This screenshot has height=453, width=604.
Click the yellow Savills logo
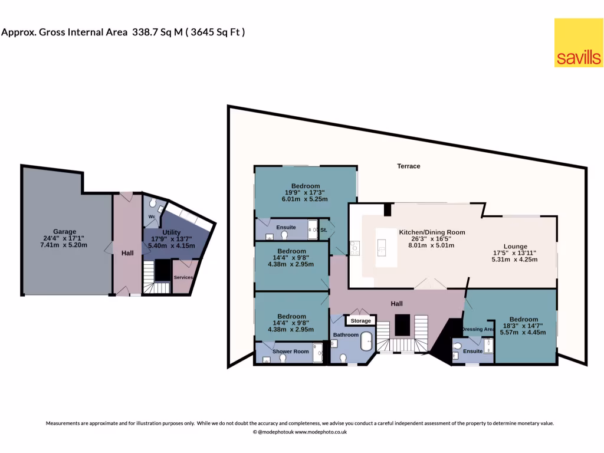pyautogui.click(x=578, y=42)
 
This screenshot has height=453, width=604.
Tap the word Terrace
pyautogui.click(x=408, y=166)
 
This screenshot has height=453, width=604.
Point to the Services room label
pyautogui.click(x=183, y=277)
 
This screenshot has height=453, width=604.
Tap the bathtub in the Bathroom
pyautogui.click(x=367, y=341)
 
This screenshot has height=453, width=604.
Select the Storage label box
pyautogui.click(x=361, y=321)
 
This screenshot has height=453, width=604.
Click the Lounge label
pyautogui.click(x=515, y=247)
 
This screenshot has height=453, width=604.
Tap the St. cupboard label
pyautogui.click(x=324, y=229)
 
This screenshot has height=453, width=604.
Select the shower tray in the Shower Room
pyautogui.click(x=318, y=352)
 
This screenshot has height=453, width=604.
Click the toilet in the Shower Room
pyautogui.click(x=267, y=358)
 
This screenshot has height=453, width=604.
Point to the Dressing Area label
pyautogui.click(x=478, y=329)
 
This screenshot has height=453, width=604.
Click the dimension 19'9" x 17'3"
pyautogui.click(x=306, y=192)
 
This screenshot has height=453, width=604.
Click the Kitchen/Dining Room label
pyautogui.click(x=432, y=232)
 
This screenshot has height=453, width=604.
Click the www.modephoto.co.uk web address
pyautogui.click(x=320, y=432)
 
